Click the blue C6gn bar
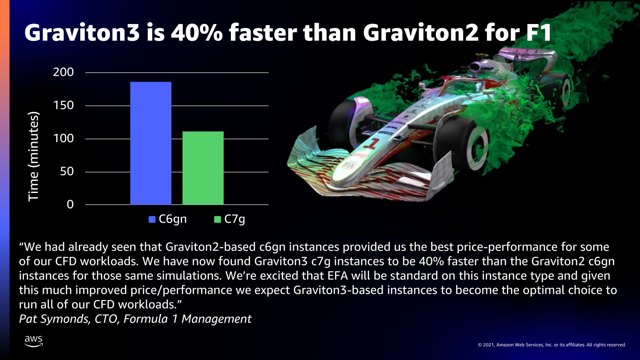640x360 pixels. (x=151, y=143)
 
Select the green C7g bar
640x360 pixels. (x=203, y=168)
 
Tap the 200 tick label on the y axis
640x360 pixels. (x=63, y=72)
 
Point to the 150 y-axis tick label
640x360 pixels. (x=63, y=106)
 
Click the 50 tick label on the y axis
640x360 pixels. (x=67, y=171)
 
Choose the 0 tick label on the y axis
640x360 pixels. (x=70, y=204)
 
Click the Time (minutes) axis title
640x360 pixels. (x=34, y=156)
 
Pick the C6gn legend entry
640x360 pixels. (x=168, y=219)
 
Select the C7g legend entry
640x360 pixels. (x=229, y=219)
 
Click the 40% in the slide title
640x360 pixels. (x=197, y=32)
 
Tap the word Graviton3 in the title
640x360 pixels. (x=82, y=32)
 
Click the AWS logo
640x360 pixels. (x=34, y=341)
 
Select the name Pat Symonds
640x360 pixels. (x=54, y=319)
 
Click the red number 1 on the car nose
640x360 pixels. (x=371, y=144)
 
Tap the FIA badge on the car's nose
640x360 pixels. (x=348, y=165)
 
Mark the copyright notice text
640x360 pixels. (x=552, y=345)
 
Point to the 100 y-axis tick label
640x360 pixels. (x=63, y=139)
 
